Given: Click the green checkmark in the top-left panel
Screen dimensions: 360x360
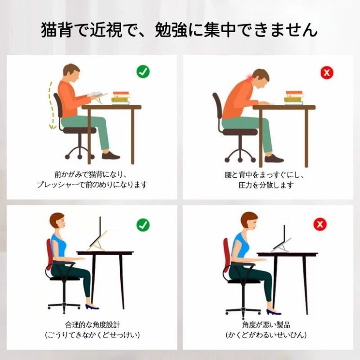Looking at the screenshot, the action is [143, 71].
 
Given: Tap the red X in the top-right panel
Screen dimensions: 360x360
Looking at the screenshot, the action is [327, 72].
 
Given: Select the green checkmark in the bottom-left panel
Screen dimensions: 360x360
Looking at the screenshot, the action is [143, 225].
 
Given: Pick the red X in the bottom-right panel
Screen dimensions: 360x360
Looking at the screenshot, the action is [320, 224].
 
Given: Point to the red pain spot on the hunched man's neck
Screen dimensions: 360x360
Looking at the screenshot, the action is [250, 77].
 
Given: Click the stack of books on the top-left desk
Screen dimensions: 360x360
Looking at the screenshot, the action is [121, 98].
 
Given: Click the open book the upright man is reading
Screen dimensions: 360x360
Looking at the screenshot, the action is [96, 95].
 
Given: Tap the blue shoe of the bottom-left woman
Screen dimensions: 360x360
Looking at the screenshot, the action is [92, 307].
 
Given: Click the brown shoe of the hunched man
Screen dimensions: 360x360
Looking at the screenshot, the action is [274, 158].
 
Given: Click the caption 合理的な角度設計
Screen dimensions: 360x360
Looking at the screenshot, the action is [92, 325].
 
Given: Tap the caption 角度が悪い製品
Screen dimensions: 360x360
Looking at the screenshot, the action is [266, 325].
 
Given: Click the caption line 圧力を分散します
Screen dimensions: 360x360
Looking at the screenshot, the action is [266, 185].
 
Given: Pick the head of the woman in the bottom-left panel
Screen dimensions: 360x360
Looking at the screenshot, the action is [58, 221].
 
